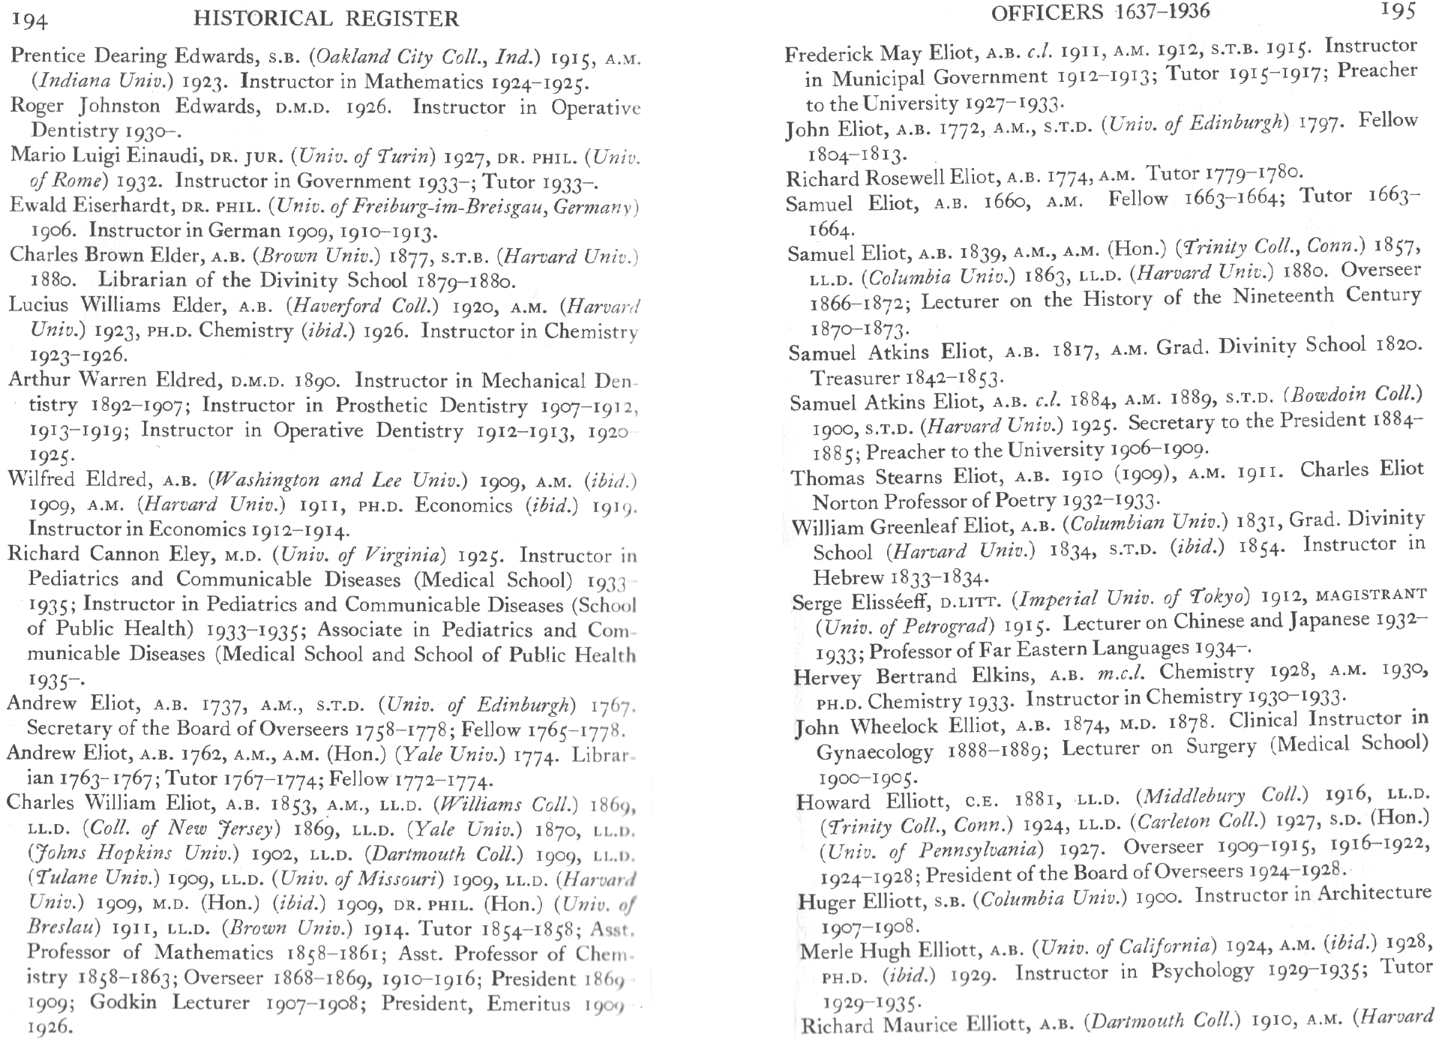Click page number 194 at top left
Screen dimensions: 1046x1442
click(30, 20)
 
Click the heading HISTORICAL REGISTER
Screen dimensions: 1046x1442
click(325, 18)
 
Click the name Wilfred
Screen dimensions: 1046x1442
click(41, 479)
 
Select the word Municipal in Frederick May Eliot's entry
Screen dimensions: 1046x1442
click(878, 78)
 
